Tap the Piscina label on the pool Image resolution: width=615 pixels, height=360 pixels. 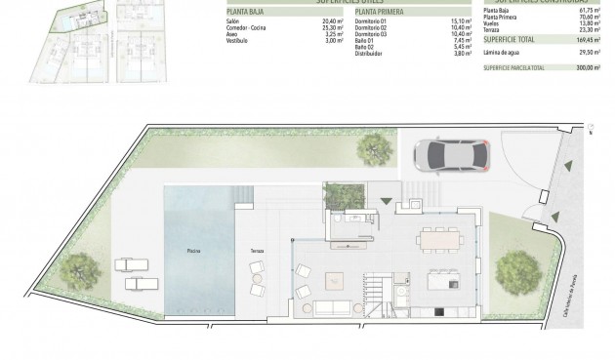pyautogui.click(x=195, y=252)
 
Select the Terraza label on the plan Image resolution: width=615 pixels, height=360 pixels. pyautogui.click(x=257, y=252)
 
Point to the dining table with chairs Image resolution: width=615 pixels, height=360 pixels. pyautogui.click(x=439, y=238)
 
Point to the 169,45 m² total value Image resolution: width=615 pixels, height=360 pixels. pyautogui.click(x=584, y=42)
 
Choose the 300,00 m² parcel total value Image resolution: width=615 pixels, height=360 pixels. pyautogui.click(x=584, y=68)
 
